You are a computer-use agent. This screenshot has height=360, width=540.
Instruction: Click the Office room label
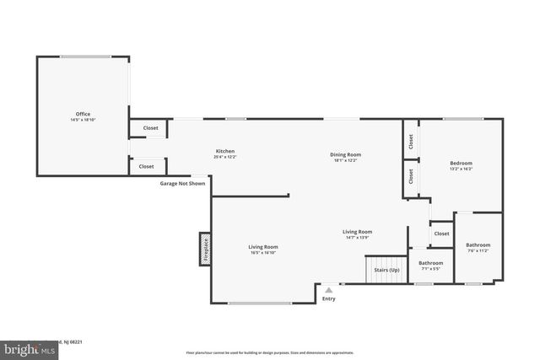point(83,114)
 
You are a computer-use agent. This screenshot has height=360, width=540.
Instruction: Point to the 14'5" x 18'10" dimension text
point(83,120)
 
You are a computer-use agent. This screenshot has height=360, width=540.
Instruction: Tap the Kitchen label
point(224,151)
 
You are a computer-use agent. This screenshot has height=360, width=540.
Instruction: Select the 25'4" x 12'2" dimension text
point(224,157)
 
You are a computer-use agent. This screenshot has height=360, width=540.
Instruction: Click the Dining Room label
point(345,154)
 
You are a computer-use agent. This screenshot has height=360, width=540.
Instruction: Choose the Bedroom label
point(461,163)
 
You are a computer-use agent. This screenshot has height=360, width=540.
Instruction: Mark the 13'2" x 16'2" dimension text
point(461,169)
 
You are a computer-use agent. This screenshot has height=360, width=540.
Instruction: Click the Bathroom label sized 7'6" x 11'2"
point(478,245)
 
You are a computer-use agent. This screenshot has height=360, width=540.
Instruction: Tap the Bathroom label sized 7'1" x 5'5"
point(430,263)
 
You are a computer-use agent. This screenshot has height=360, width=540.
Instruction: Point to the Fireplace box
point(203,250)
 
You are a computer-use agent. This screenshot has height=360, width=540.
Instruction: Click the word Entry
point(328,298)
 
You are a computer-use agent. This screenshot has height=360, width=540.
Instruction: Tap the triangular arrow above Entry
point(328,290)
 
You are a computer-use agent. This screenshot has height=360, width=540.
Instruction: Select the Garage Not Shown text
point(182,183)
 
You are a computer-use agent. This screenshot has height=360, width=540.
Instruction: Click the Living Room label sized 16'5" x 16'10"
point(263,247)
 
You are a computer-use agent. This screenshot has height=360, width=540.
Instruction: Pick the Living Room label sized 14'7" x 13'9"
point(357,232)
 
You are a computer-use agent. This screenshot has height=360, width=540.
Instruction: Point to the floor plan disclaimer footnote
point(269,352)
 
